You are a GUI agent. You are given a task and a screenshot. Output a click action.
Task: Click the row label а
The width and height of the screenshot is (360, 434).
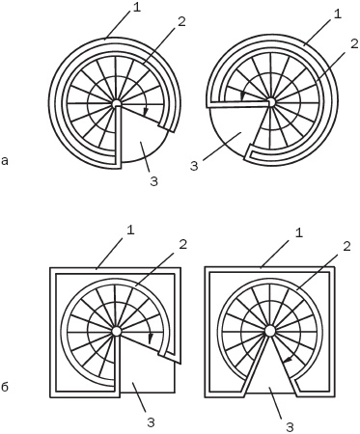[5, 161]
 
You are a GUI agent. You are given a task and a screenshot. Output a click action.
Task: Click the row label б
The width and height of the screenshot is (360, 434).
[5, 387]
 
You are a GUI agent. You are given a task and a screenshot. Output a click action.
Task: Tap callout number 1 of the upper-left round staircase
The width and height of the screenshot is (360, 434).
[137, 8]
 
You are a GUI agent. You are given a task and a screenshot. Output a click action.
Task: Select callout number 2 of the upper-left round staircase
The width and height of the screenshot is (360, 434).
[181, 21]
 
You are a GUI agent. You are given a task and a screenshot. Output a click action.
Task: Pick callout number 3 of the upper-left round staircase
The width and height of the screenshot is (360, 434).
[154, 181]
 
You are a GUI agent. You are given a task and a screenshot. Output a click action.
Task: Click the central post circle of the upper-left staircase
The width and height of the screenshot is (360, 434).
[117, 103]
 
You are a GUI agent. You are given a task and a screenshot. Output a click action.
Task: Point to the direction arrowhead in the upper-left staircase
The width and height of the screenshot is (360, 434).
[146, 112]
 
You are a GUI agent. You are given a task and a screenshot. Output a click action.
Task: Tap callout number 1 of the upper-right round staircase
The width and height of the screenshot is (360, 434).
[337, 15]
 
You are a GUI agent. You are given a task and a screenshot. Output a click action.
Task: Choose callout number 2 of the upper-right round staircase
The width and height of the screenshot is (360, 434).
[354, 44]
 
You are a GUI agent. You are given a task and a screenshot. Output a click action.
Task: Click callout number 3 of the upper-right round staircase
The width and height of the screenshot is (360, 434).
[194, 166]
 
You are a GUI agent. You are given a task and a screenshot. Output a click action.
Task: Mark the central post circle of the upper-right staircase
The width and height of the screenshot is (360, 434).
[270, 102]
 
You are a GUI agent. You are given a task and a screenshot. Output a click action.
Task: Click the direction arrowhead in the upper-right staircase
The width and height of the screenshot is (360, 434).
[243, 95]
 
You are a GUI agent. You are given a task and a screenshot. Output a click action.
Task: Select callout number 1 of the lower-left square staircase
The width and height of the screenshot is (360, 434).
[130, 231]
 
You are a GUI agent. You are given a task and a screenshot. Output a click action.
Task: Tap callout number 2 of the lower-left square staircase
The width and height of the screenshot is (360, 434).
[182, 245]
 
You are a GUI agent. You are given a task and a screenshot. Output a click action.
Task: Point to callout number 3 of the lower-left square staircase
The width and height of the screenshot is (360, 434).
[151, 422]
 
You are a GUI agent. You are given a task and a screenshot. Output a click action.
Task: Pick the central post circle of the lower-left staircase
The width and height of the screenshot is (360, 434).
[117, 331]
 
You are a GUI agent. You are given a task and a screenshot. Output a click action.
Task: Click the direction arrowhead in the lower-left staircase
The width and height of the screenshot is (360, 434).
[151, 339]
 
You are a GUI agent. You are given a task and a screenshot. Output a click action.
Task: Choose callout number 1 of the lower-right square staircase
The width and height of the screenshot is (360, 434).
[299, 233]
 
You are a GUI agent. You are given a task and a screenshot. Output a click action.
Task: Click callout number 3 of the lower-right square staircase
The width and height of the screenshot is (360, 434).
[290, 426]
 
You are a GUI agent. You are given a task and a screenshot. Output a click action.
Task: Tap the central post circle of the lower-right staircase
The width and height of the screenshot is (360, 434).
[269, 330]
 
